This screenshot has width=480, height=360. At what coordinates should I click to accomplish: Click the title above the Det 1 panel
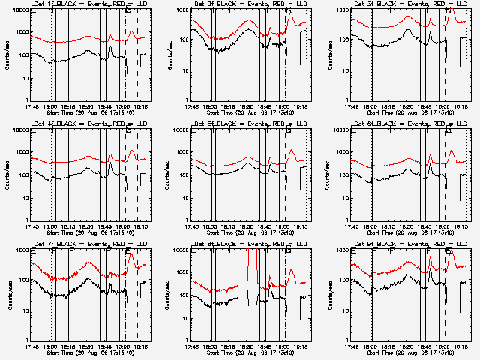(x=91, y=4)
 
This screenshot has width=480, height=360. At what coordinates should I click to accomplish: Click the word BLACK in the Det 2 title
(x=224, y=4)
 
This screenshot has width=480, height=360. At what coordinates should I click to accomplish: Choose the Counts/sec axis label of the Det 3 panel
(x=328, y=55)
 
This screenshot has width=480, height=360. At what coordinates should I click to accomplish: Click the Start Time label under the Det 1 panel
(x=91, y=112)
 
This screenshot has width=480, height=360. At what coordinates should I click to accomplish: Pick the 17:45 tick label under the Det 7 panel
(x=33, y=346)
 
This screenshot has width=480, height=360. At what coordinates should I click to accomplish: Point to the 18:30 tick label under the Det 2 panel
(x=247, y=106)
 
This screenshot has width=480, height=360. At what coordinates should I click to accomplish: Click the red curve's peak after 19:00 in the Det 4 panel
(x=133, y=151)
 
